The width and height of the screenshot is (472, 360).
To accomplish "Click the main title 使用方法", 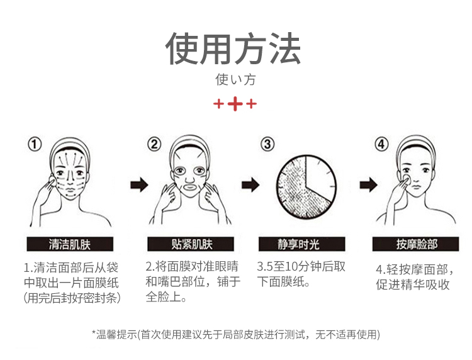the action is [x=233, y=48].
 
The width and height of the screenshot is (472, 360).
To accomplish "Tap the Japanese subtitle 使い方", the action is [x=235, y=80].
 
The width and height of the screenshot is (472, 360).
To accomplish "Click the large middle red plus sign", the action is [x=235, y=104].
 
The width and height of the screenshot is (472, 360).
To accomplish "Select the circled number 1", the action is [x=35, y=144].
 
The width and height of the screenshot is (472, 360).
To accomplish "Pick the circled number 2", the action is [x=154, y=144].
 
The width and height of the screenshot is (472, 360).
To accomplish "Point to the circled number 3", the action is [x=267, y=144].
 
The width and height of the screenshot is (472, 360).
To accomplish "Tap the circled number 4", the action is [x=381, y=144].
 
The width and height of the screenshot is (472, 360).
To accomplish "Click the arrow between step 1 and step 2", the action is [x=139, y=185].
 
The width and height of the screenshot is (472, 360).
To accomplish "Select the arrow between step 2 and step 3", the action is [x=250, y=185].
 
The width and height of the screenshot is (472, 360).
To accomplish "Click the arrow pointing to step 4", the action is [x=368, y=185].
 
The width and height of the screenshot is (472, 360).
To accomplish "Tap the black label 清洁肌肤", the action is [x=70, y=244].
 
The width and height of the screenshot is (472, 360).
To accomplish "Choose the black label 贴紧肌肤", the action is [x=191, y=244].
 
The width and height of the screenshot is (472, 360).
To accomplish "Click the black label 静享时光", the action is [x=301, y=244].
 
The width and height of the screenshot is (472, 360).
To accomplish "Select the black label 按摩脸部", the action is [x=416, y=244].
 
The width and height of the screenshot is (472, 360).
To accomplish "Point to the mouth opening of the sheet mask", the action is [x=190, y=187].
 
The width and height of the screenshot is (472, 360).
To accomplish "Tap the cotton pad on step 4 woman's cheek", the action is [x=407, y=179].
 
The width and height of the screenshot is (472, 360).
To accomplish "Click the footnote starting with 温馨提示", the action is [x=236, y=334].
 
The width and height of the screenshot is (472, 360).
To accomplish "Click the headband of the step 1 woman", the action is [x=70, y=147].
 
